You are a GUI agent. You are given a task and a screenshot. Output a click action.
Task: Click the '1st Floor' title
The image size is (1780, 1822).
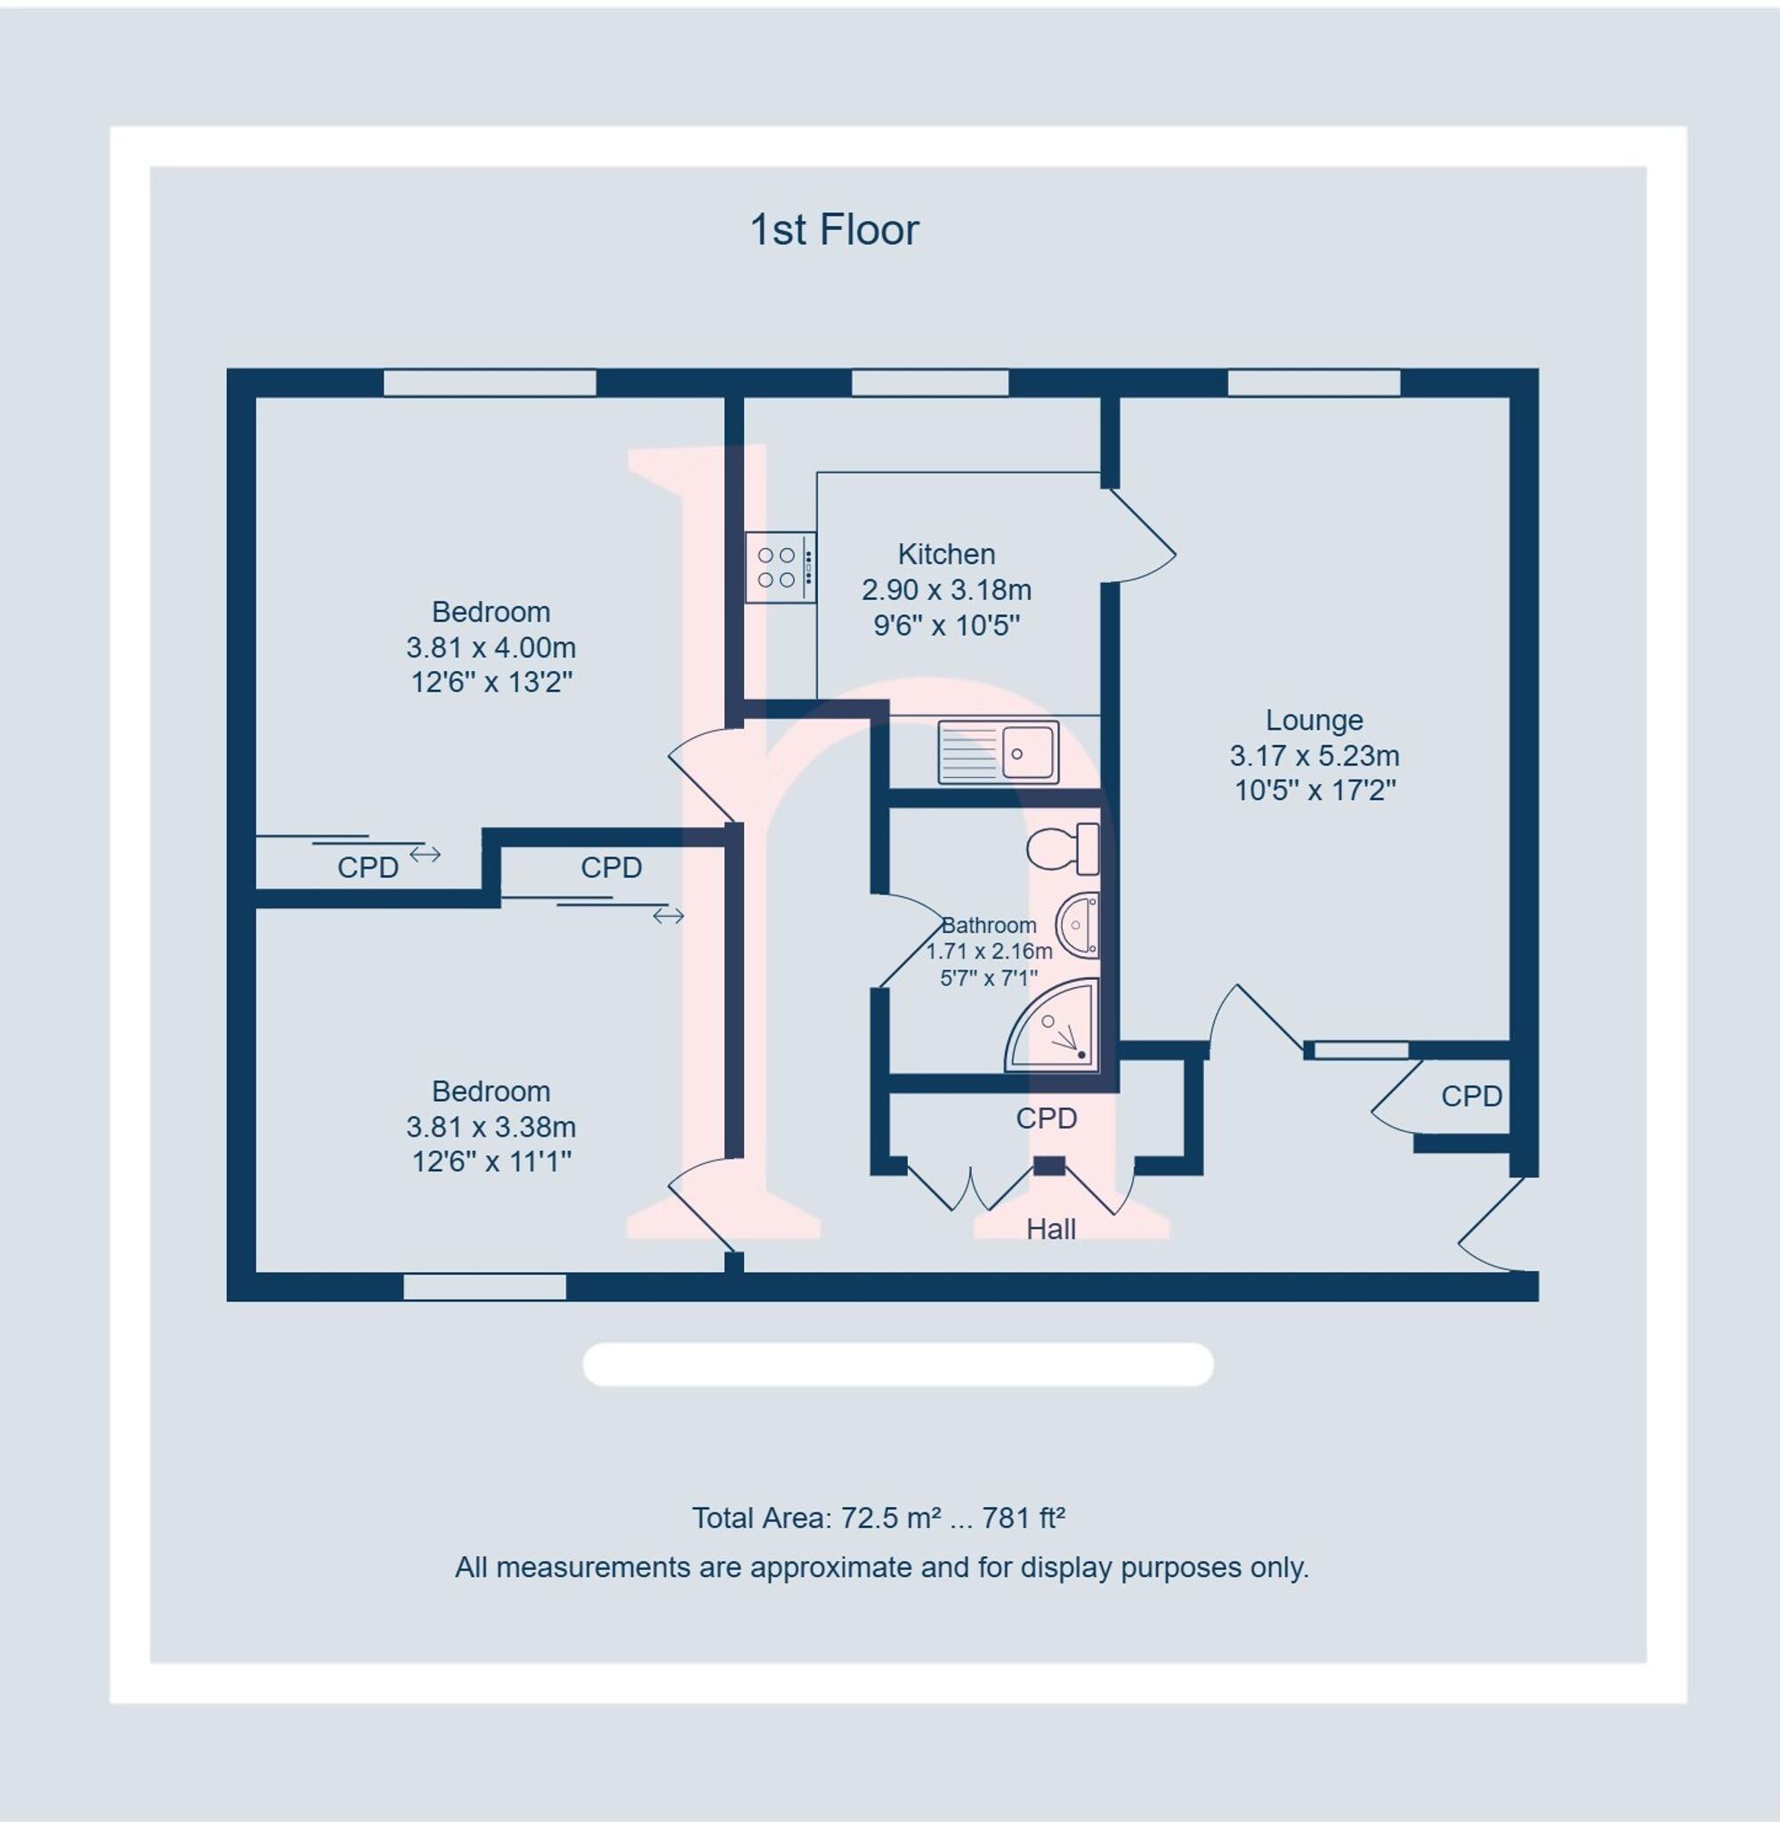[834, 230]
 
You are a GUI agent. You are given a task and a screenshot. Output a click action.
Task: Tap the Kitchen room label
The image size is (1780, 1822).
[946, 555]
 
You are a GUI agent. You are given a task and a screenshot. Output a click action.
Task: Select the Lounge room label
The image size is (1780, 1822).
[1314, 720]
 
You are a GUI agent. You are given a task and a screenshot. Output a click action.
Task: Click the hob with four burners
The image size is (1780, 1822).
[780, 568]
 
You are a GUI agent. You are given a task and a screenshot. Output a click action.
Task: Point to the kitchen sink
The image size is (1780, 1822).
[999, 751]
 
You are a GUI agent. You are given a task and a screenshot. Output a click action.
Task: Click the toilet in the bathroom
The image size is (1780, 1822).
[1064, 849]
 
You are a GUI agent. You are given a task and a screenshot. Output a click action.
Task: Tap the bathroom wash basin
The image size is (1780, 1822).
[1078, 926]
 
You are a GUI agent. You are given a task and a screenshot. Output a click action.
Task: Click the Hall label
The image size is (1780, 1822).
[1051, 1229]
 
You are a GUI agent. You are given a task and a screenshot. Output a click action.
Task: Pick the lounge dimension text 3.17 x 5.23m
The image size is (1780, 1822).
[1314, 756]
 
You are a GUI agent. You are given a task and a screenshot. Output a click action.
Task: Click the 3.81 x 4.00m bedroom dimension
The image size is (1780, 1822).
[490, 647]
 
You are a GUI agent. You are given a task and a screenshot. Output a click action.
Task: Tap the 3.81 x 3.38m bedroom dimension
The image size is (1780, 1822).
[490, 1127]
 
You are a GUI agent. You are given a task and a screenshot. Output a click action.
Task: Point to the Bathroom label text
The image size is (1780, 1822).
[988, 926]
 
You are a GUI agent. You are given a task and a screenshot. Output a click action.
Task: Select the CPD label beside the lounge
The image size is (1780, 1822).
[1470, 1096]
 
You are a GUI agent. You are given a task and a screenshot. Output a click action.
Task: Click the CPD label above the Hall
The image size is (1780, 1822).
[1046, 1118]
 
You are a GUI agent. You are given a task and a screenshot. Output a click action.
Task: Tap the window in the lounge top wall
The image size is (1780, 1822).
[1314, 384]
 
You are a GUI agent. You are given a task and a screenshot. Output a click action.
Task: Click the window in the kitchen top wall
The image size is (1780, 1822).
[929, 384]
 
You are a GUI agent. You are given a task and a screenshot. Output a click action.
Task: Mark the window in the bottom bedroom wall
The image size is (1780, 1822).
[484, 1287]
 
